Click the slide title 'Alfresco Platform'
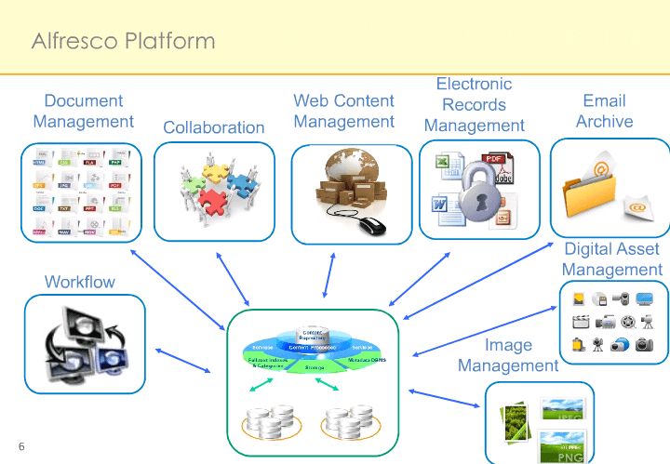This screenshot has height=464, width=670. pyautogui.click(x=124, y=41)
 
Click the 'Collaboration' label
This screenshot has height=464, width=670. pyautogui.click(x=213, y=127)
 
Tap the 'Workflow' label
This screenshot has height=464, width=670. pyautogui.click(x=80, y=282)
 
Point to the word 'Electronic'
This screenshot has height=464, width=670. pyautogui.click(x=474, y=85)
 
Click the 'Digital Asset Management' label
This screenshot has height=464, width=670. pyautogui.click(x=611, y=259)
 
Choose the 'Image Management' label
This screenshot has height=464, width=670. pyautogui.click(x=508, y=355)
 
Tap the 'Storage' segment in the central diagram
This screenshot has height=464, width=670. pyautogui.click(x=314, y=368)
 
